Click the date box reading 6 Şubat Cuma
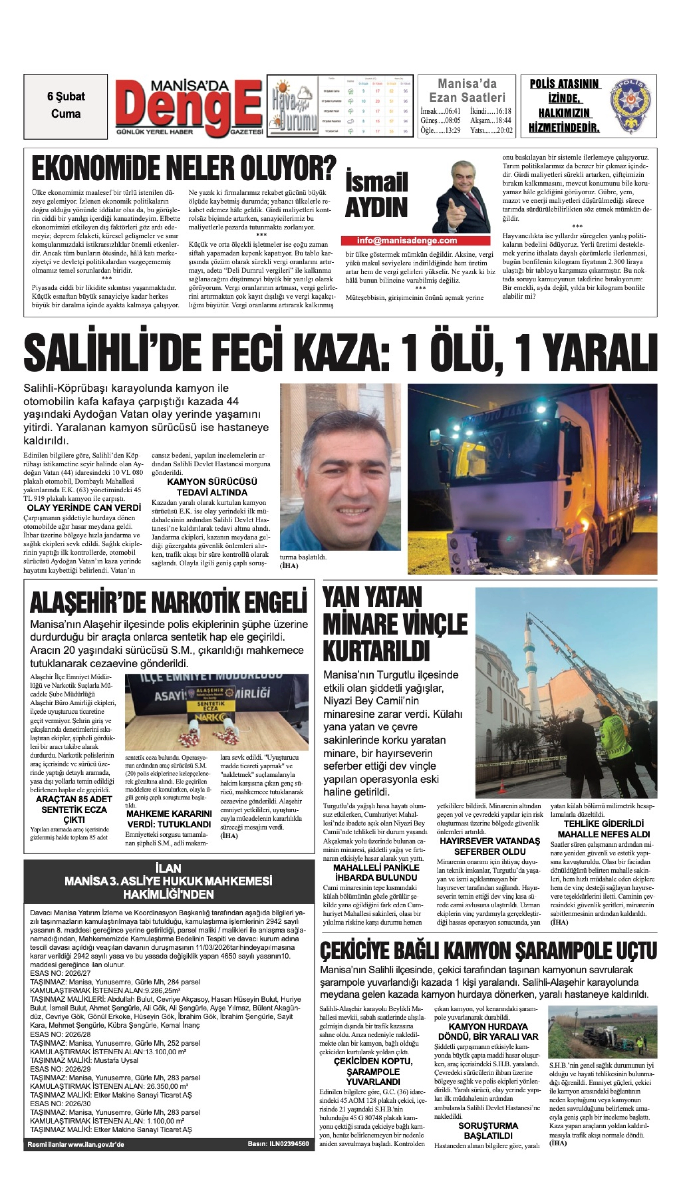click(x=66, y=106)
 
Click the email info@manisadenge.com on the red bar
click(x=406, y=241)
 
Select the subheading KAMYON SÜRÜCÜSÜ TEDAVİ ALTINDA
click(x=212, y=486)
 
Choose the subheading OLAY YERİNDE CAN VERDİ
click(x=84, y=508)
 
